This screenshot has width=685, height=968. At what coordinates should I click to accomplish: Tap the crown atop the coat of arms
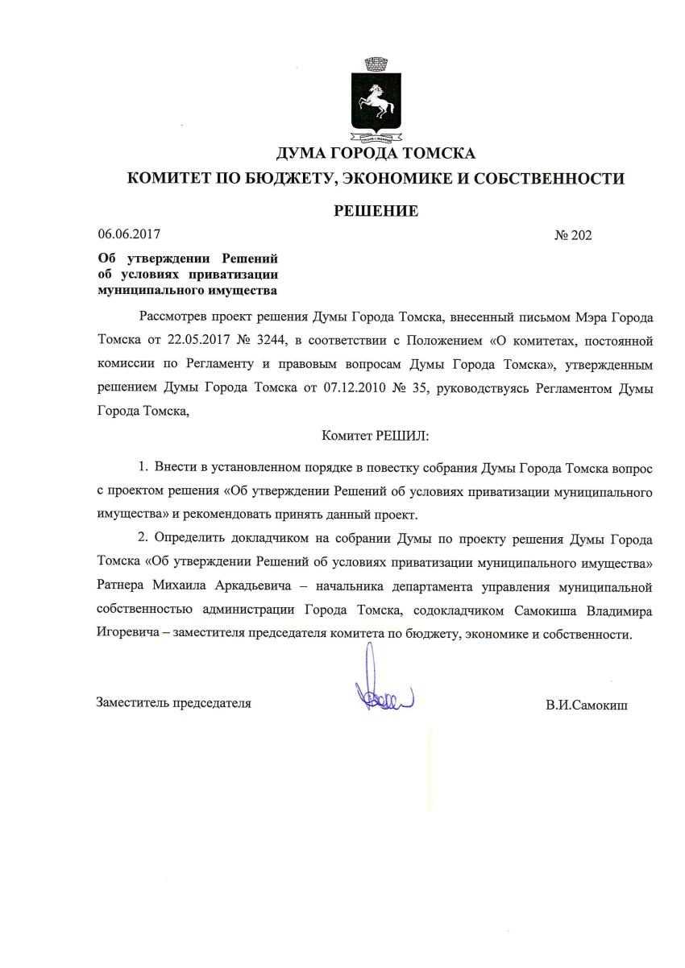(376, 63)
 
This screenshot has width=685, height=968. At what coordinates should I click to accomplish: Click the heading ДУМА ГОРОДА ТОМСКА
(376, 154)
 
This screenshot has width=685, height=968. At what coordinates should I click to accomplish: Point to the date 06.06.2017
(129, 235)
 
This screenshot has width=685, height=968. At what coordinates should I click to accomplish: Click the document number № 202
(573, 236)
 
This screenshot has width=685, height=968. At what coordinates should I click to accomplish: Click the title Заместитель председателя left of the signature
(174, 703)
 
